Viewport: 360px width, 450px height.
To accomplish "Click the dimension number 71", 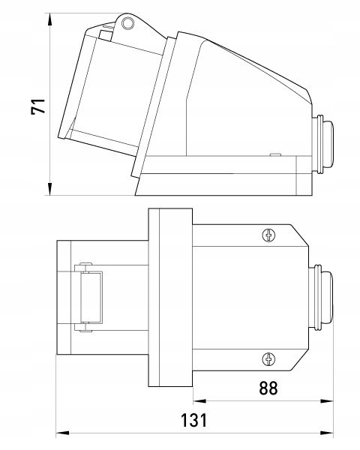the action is tap(38, 106).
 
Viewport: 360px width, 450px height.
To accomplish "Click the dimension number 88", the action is tap(268, 388).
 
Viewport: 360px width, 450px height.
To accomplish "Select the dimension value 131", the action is tap(193, 421).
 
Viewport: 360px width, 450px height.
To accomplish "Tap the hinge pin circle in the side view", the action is tap(127, 23).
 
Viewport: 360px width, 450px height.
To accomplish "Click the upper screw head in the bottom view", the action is tap(268, 235).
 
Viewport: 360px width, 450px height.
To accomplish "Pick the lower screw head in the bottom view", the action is tap(268, 359).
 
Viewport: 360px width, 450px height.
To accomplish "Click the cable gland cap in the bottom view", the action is tap(327, 297).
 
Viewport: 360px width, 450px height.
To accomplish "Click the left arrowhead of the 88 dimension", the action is tap(199, 401).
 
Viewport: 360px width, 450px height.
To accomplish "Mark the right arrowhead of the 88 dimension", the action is tap(326, 401).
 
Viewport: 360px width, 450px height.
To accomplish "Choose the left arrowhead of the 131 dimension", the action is tap(62, 433).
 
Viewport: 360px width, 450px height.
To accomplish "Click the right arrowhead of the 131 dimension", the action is tap(326, 433).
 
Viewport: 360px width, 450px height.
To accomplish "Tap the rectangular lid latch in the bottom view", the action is tap(91, 297).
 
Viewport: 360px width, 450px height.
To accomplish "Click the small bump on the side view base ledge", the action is tap(275, 154).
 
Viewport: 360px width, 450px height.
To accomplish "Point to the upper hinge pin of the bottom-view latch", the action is tap(85, 263).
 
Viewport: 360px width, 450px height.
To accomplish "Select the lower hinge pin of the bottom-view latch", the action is tap(85, 331).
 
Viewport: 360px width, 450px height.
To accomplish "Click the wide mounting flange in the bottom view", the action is tap(170, 297).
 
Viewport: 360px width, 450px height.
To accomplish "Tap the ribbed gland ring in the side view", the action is tap(317, 144).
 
